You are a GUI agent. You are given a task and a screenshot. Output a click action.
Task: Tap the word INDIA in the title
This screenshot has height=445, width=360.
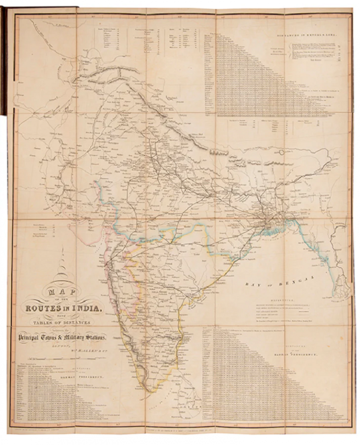pos(91,309)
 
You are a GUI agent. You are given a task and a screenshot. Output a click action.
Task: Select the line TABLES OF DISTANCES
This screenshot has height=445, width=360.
pos(67,323)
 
